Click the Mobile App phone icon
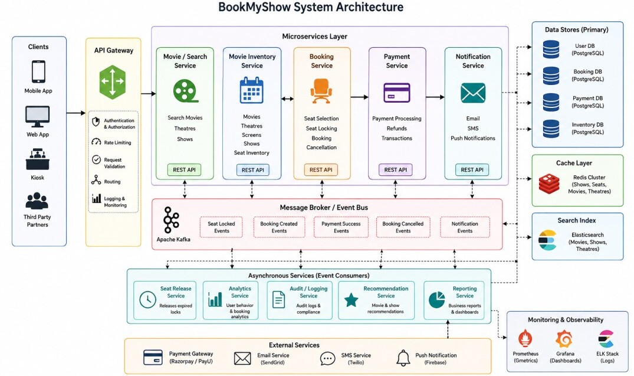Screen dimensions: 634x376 pyautogui.click(x=38, y=71)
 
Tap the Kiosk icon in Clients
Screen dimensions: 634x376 pyautogui.click(x=38, y=159)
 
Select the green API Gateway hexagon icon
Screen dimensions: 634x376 pyautogui.click(x=113, y=82)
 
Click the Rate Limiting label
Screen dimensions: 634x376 pyautogui.click(x=117, y=142)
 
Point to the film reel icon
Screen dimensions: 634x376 pyautogui.click(x=185, y=91)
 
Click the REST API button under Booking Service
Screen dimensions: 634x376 pyautogui.click(x=321, y=170)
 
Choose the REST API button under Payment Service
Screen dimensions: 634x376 pyautogui.click(x=396, y=170)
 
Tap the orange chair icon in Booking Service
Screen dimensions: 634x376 pyautogui.click(x=321, y=91)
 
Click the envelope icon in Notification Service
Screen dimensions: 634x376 pyautogui.click(x=473, y=93)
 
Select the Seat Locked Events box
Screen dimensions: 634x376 pyautogui.click(x=222, y=227)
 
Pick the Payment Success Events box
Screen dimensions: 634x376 pyautogui.click(x=341, y=227)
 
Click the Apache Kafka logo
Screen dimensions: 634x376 pyautogui.click(x=170, y=220)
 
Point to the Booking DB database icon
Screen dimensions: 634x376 pyautogui.click(x=551, y=76)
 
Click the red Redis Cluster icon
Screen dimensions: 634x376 pyautogui.click(x=549, y=184)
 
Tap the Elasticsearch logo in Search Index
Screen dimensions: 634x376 pyautogui.click(x=547, y=240)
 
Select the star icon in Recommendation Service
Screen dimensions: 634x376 pyautogui.click(x=351, y=300)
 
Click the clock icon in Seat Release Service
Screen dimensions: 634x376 pyautogui.click(x=147, y=300)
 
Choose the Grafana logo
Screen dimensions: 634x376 pyautogui.click(x=564, y=339)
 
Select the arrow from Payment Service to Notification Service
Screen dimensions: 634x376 pyautogui.click(x=435, y=97)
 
